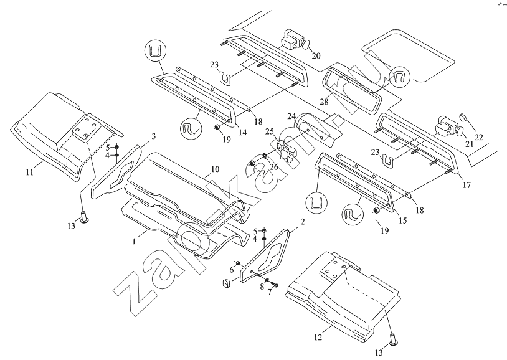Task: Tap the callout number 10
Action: (215, 169)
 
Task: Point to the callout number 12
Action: (318, 337)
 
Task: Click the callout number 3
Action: (153, 135)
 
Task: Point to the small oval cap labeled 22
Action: (463, 116)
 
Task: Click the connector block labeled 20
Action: (291, 40)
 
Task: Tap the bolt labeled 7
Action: (275, 285)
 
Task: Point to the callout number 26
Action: (274, 168)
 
